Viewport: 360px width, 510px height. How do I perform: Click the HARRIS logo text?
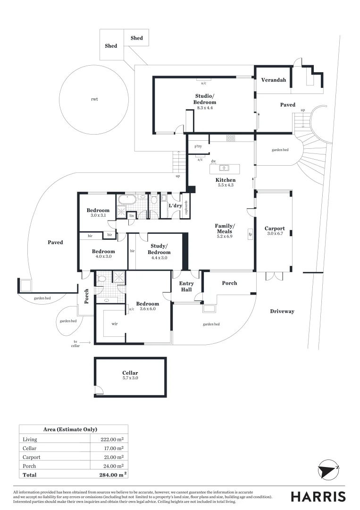tap(318, 496)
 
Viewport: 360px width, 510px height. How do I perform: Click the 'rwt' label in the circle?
tap(95, 100)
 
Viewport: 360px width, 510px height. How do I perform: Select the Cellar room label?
tap(130, 373)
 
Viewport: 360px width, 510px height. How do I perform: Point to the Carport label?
tap(274, 229)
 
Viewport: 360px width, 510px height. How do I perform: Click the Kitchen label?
tap(226, 180)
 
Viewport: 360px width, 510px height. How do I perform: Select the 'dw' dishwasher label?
tap(213, 161)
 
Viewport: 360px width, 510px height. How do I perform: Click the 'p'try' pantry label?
tap(198, 146)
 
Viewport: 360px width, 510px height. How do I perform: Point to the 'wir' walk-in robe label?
tap(115, 324)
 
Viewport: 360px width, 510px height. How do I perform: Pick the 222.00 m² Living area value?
tap(108, 439)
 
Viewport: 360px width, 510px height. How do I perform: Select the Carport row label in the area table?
tap(32, 457)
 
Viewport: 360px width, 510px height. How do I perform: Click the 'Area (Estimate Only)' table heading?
tap(70, 429)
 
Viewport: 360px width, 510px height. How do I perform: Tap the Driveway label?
tap(282, 311)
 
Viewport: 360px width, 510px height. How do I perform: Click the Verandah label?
tap(274, 80)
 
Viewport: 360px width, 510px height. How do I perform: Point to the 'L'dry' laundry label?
tap(176, 205)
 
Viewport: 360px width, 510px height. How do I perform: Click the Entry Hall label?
tap(186, 286)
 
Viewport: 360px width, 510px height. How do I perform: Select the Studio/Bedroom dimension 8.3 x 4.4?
tap(205, 108)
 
